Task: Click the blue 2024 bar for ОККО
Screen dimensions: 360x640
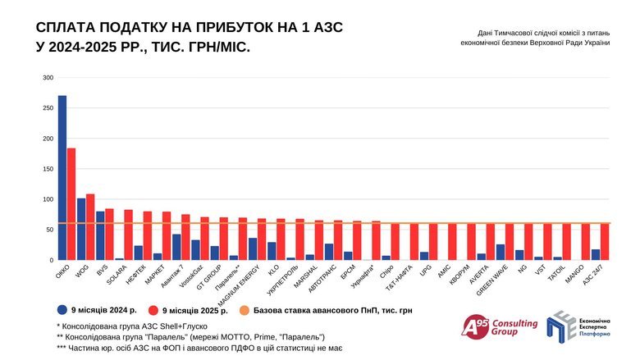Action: (62, 178)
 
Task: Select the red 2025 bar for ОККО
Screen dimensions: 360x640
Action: (71, 204)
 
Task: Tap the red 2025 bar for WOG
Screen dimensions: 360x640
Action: (90, 227)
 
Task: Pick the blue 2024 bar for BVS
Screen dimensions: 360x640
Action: (100, 235)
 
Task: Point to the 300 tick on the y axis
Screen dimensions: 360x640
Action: (48, 78)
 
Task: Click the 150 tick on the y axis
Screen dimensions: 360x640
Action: (48, 169)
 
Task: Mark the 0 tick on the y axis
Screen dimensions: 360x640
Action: (50, 260)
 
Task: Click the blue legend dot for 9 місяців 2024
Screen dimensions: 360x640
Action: (62, 309)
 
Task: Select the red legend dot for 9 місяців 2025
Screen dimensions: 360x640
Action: (153, 309)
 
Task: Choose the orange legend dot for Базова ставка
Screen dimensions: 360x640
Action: (245, 309)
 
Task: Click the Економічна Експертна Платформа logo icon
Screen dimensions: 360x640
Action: (562, 326)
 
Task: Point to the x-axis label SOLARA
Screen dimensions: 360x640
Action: (116, 273)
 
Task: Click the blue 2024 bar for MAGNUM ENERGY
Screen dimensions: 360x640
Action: (253, 249)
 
